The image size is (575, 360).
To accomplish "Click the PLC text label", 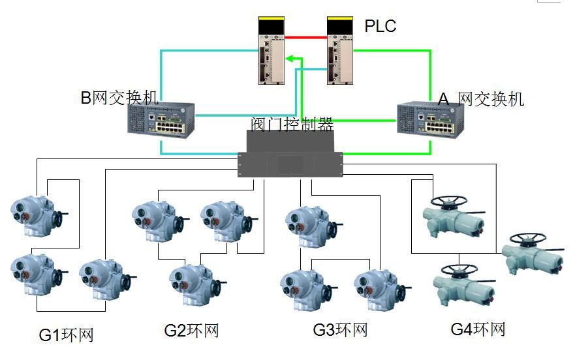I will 381,27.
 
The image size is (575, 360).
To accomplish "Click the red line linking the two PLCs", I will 305,37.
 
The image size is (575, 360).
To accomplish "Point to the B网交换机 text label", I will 119,98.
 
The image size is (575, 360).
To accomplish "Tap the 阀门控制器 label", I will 292,124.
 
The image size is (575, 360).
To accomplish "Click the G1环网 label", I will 66,335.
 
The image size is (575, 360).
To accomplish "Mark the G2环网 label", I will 191,331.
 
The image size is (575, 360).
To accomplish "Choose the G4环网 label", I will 478,329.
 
